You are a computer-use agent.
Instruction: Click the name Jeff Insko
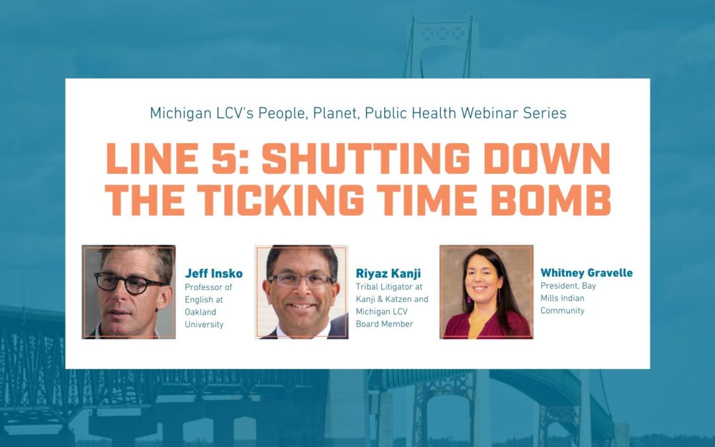click(x=213, y=273)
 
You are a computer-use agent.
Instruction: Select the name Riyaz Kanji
click(x=388, y=273)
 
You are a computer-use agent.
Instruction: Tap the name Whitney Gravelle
click(x=586, y=273)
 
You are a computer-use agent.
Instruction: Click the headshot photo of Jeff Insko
click(x=129, y=292)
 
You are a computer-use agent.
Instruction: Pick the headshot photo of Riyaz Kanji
click(x=301, y=292)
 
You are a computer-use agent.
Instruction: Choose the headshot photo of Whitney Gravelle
click(x=486, y=292)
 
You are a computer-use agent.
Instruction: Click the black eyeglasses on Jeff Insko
click(x=129, y=282)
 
